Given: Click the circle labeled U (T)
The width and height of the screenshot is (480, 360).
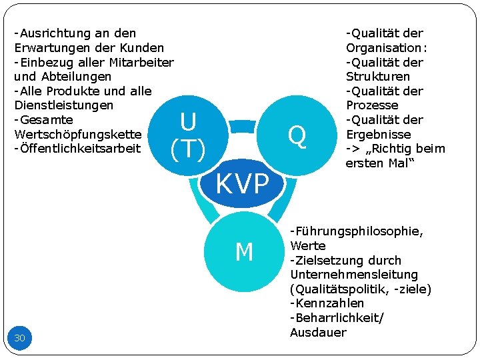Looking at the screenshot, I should tap(188, 136).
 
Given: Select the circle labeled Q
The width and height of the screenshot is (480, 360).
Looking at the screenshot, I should tap(297, 136).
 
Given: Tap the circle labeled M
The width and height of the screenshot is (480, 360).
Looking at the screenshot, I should tap(244, 252).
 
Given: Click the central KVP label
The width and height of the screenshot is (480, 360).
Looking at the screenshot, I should tap(243, 183).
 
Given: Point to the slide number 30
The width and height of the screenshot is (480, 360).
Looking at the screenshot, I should tap(20, 338).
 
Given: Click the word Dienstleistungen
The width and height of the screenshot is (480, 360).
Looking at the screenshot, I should tap(63, 105).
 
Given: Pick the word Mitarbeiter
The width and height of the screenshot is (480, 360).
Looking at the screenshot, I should tap(139, 62).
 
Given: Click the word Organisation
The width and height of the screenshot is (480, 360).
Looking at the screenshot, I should tap(385, 47).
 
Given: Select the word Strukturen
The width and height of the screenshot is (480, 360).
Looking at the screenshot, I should tap(377, 77).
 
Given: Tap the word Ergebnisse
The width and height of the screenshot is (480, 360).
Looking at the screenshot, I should tap(378, 134).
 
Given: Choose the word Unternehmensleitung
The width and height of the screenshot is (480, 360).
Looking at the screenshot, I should tap(354, 275).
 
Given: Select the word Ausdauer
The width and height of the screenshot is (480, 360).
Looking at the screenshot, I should tap(318, 332).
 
